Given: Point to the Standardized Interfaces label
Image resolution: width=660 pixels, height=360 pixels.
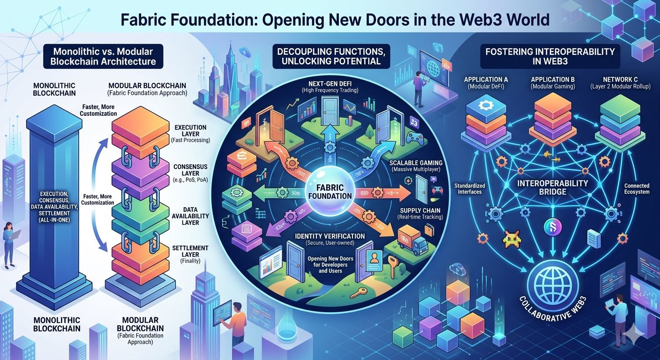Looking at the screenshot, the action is tap(469, 188).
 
